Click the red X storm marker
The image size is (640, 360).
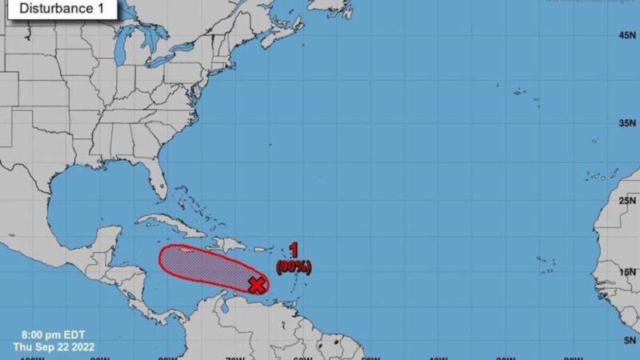[257, 284]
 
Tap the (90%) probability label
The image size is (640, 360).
[294, 266]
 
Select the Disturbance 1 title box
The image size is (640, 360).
[60, 9]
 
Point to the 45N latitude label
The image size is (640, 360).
[626, 36]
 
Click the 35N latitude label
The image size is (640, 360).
[626, 124]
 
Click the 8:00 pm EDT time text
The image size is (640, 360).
[48, 334]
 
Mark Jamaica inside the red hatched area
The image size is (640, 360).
[186, 251]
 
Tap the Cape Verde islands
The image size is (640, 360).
[548, 261]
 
